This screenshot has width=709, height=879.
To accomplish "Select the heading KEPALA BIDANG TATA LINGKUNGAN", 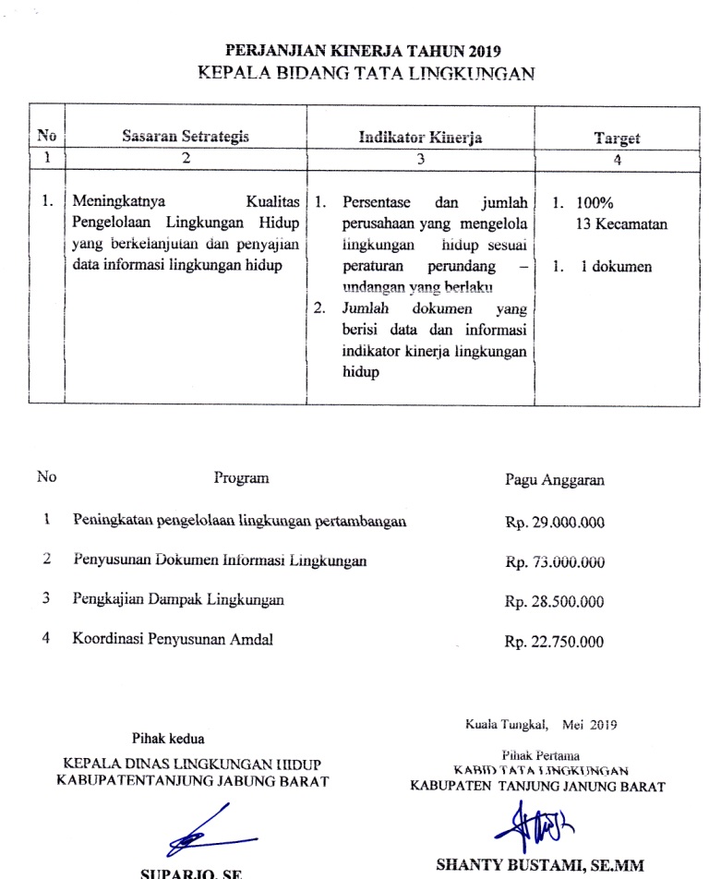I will pyautogui.click(x=367, y=74).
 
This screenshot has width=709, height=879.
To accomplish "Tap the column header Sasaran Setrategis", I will pyautogui.click(x=186, y=137).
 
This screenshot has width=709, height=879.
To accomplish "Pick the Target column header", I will pyautogui.click(x=618, y=138).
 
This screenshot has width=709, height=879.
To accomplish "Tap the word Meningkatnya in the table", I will pyautogui.click(x=115, y=202).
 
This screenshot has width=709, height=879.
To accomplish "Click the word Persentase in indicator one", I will pyautogui.click(x=379, y=202).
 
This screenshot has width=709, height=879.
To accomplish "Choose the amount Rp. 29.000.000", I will pyautogui.click(x=555, y=523).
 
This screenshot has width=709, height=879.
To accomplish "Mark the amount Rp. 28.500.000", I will pyautogui.click(x=555, y=601).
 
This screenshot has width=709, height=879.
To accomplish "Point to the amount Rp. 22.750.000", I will pyautogui.click(x=555, y=642).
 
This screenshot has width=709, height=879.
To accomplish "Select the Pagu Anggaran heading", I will pyautogui.click(x=555, y=479).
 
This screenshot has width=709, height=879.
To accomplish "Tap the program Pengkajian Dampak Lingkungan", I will pyautogui.click(x=178, y=599).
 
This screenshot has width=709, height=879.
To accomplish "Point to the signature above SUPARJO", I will pyautogui.click(x=209, y=830).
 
